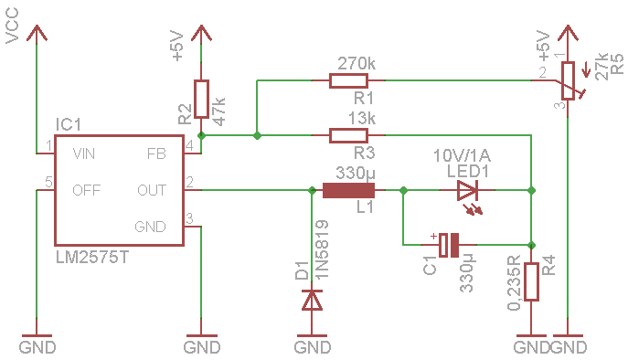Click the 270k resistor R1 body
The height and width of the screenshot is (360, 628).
[348, 80]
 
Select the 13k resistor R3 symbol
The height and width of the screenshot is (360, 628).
[348, 135]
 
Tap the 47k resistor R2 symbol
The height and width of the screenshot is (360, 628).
[201, 99]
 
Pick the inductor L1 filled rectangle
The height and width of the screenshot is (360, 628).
[348, 190]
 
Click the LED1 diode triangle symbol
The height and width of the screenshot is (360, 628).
[467, 190]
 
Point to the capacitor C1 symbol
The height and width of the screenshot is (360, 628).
[449, 245]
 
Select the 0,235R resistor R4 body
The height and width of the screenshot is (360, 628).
[531, 281]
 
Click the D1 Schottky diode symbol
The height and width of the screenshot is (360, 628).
[312, 301]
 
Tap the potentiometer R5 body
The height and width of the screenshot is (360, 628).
[568, 80]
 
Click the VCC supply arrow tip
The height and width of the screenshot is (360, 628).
[37, 26]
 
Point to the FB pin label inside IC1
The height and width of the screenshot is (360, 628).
[156, 154]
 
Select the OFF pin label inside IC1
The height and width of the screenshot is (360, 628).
[86, 190]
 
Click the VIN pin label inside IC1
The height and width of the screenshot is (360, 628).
[84, 154]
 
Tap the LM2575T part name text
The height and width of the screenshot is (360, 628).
[92, 258]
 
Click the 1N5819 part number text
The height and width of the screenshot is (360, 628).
[323, 249]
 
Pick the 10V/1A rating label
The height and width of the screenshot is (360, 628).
[463, 155]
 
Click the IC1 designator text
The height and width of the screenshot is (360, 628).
[68, 125]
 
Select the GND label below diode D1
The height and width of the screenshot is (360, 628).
[313, 347]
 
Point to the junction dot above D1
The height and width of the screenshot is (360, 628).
[312, 190]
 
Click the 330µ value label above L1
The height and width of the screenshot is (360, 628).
[356, 174]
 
